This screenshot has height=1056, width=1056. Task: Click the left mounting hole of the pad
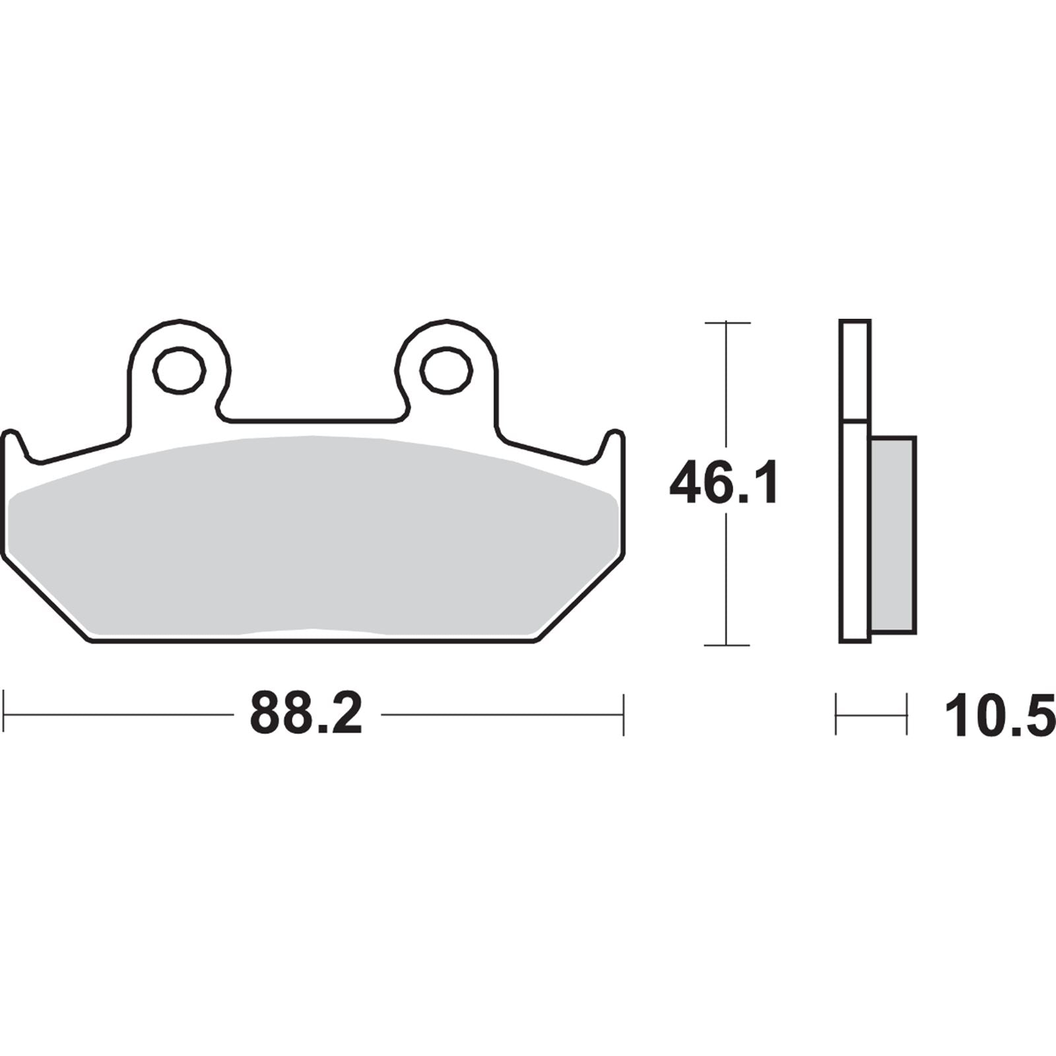point(179,370)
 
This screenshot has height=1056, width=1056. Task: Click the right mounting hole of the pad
point(447,370)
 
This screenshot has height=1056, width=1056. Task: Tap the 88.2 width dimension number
point(306,713)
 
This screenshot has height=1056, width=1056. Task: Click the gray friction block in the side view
point(893,534)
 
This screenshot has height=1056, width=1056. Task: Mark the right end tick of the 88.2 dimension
point(623,713)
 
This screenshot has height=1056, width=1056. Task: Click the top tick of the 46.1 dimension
point(727,323)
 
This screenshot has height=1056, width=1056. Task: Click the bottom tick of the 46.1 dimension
point(727,645)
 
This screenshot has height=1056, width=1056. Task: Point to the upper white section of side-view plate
point(855,370)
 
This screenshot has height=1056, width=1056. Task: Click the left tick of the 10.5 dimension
point(836,713)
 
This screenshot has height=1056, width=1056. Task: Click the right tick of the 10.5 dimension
point(906,713)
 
